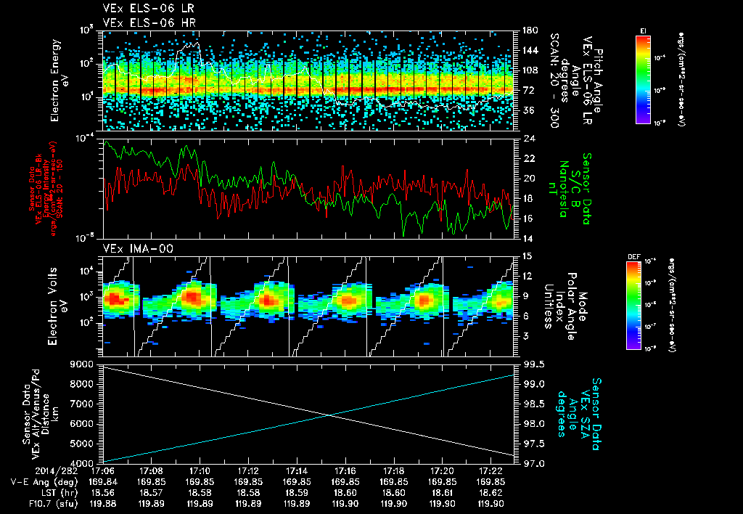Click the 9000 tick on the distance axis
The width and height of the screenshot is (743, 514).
pyautogui.click(x=83, y=363)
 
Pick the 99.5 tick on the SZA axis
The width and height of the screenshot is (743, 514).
pyautogui.click(x=527, y=363)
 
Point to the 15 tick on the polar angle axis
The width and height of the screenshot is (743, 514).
pyautogui.click(x=524, y=256)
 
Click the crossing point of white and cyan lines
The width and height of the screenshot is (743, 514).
pyautogui.click(x=331, y=415)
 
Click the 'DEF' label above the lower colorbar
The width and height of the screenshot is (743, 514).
pyautogui.click(x=641, y=256)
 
